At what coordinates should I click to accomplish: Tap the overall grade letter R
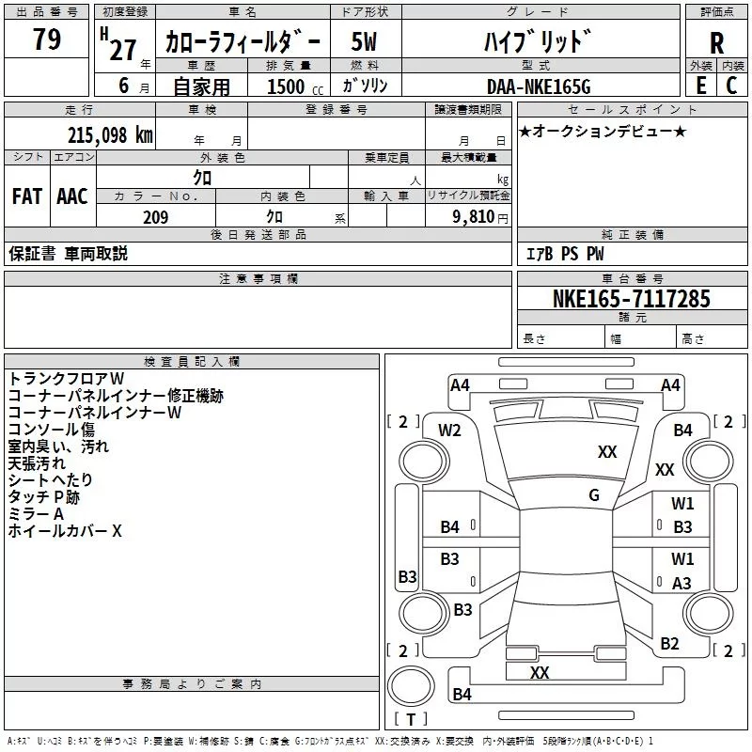[716, 43]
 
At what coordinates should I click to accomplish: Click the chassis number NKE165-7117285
[632, 299]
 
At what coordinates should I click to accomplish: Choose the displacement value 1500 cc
[287, 86]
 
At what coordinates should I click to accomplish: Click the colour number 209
[155, 217]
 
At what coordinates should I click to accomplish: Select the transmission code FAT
[26, 196]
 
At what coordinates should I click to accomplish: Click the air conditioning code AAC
[72, 196]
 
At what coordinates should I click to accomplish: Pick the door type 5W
[364, 42]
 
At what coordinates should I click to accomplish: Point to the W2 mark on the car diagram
[449, 431]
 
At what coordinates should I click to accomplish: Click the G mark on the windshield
[594, 495]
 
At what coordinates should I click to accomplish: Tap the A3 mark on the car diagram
[682, 584]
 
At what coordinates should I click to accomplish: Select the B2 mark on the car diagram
[669, 644]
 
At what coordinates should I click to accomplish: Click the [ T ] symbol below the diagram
[410, 720]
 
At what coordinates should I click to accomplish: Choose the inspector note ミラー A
[36, 513]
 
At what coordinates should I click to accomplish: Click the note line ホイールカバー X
[65, 531]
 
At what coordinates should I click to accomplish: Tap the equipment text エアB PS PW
[564, 254]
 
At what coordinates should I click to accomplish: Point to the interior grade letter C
[731, 86]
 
